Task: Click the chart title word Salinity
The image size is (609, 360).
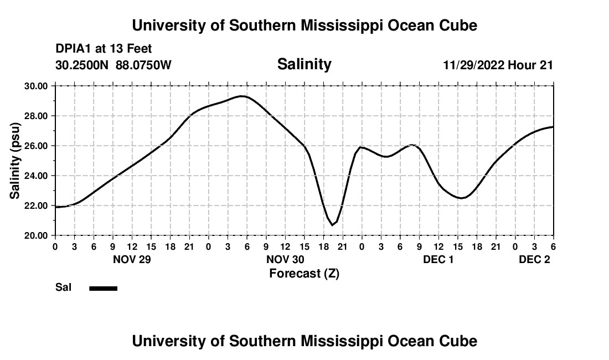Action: coord(304,64)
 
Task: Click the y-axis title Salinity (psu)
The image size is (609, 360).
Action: coord(16,161)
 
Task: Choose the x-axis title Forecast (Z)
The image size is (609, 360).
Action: coord(304,273)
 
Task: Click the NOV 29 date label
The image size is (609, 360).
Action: coord(132,259)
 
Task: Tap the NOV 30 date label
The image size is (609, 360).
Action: coord(286,259)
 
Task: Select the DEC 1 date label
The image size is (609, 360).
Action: coord(438,259)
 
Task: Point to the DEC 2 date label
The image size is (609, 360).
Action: coord(534,259)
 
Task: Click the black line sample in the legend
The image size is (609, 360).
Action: coord(103,288)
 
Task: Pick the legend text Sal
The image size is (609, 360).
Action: coord(63,287)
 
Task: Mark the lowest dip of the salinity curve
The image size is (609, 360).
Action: coord(333,225)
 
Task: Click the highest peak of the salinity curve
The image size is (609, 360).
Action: coord(242,96)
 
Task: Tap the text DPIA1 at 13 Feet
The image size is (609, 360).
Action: coord(104,49)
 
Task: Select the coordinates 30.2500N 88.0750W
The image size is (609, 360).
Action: coord(113,65)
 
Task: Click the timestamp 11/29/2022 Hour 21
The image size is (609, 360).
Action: coord(498,65)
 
